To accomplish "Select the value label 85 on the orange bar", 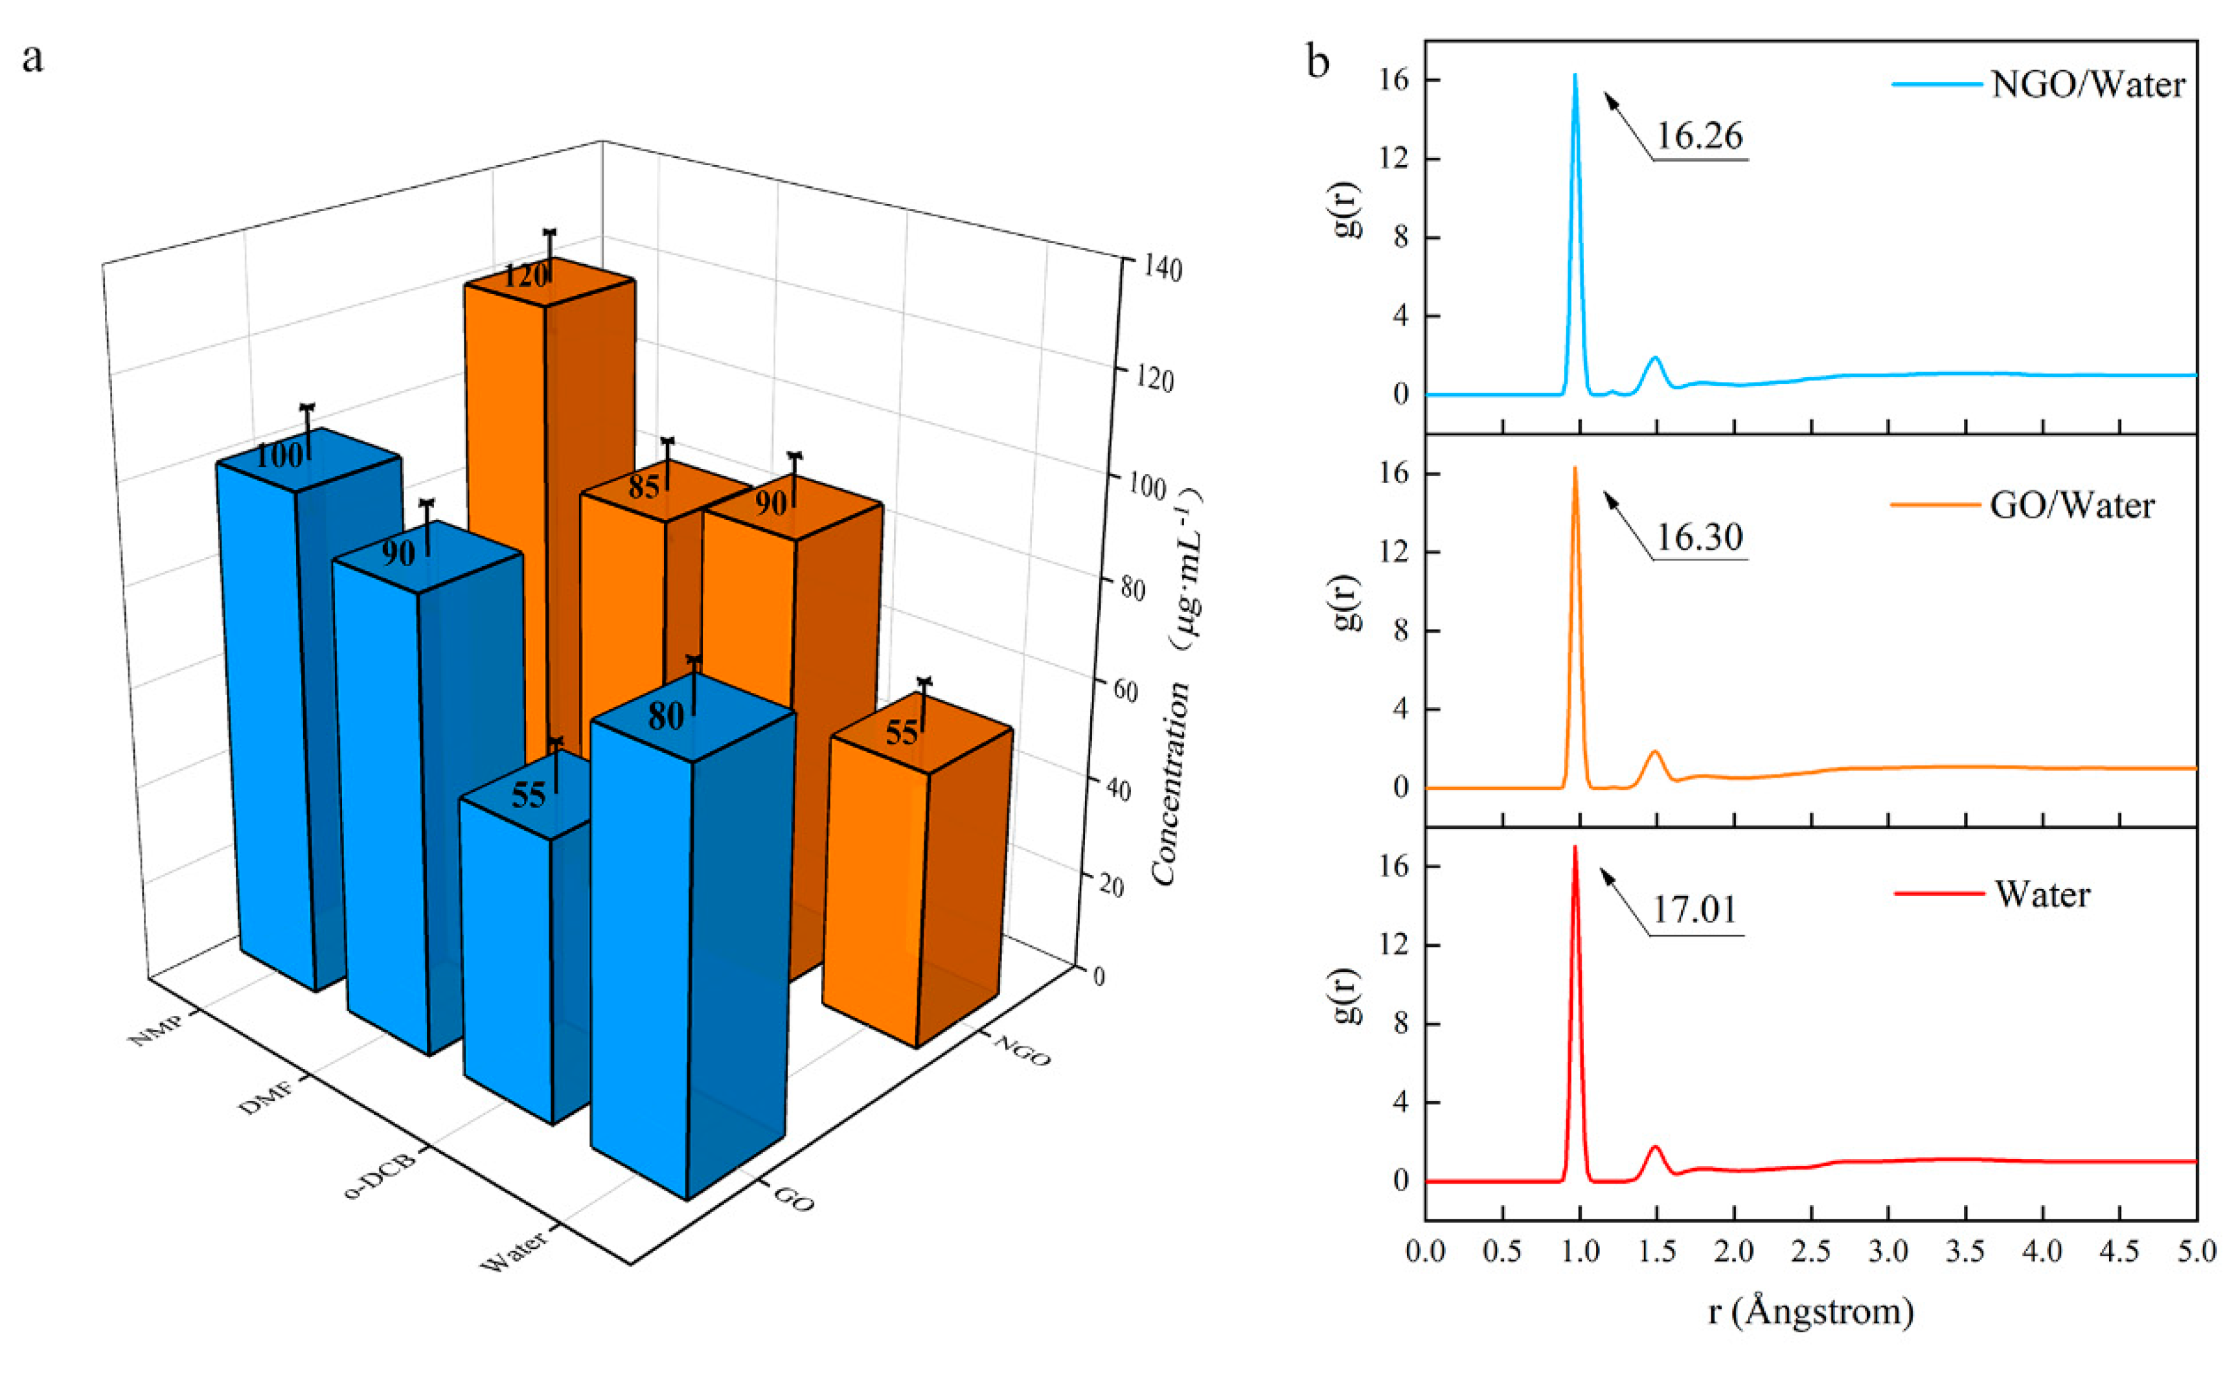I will (x=643, y=487).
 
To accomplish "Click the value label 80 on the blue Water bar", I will (x=665, y=716).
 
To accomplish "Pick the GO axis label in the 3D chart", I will (x=793, y=1199).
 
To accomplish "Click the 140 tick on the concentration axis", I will (x=1162, y=269).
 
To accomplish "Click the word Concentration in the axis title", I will (x=1171, y=783).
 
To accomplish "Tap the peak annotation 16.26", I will (x=1698, y=137).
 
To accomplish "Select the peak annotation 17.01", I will (x=1694, y=910).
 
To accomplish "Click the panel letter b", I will (x=1317, y=62).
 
